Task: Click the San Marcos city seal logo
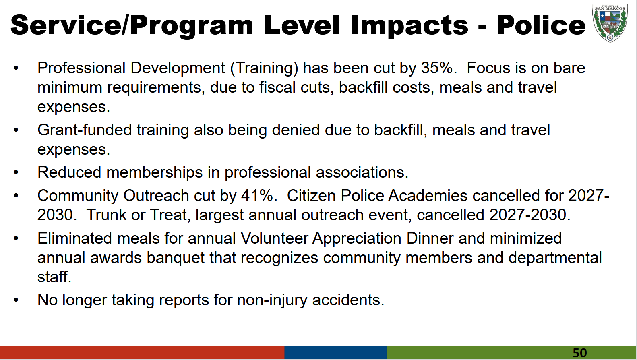tap(610, 23)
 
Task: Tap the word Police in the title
tap(541, 25)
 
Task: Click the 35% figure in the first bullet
tap(436, 68)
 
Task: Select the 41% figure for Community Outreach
tap(257, 196)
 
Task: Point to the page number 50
tap(579, 353)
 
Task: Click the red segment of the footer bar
tap(142, 352)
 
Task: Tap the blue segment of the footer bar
tap(335, 352)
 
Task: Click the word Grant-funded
tap(85, 130)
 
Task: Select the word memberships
tap(154, 173)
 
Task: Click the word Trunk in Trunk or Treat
tap(106, 215)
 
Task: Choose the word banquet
tap(176, 258)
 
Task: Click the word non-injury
tap(272, 300)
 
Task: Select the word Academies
tap(428, 196)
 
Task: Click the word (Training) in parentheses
tap(264, 68)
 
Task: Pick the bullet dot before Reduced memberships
tap(16, 172)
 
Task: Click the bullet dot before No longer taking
tap(16, 300)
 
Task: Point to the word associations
tap(362, 172)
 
